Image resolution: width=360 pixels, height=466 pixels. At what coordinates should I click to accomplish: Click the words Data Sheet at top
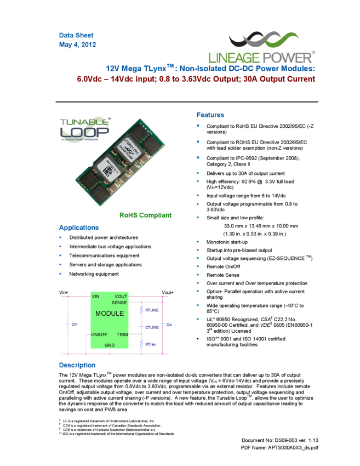[76, 35]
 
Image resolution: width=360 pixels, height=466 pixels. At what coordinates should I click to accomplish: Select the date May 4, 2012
[78, 44]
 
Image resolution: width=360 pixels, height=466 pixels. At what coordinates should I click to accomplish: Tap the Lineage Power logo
[262, 47]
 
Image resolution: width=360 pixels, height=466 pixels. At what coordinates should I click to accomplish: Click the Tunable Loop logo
[84, 129]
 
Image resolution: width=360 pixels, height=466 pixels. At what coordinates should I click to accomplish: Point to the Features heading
[210, 115]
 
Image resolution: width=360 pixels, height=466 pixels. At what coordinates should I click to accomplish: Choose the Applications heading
[79, 228]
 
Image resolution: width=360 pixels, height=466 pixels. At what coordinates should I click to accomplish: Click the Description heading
[77, 365]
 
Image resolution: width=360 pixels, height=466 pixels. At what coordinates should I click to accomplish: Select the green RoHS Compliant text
[145, 215]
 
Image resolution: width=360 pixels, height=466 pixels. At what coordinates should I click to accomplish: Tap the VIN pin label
[96, 297]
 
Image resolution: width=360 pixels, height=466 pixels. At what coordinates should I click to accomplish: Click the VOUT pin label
[121, 297]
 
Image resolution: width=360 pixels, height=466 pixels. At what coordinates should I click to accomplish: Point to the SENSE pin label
[119, 303]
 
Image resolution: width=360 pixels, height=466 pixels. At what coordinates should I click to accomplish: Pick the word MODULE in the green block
[110, 314]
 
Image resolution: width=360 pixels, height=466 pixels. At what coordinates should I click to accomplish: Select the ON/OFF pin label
[100, 334]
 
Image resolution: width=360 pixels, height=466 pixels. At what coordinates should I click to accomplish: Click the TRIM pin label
[122, 334]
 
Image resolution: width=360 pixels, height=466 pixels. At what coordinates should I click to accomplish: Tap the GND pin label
[110, 345]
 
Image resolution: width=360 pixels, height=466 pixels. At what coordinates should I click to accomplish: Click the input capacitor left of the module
[68, 324]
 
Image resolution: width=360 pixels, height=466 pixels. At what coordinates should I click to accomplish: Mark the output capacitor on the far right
[162, 324]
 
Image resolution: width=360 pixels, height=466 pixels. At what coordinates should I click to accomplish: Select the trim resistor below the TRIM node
[141, 344]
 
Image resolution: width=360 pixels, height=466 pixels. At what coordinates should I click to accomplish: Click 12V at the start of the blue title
[113, 69]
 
